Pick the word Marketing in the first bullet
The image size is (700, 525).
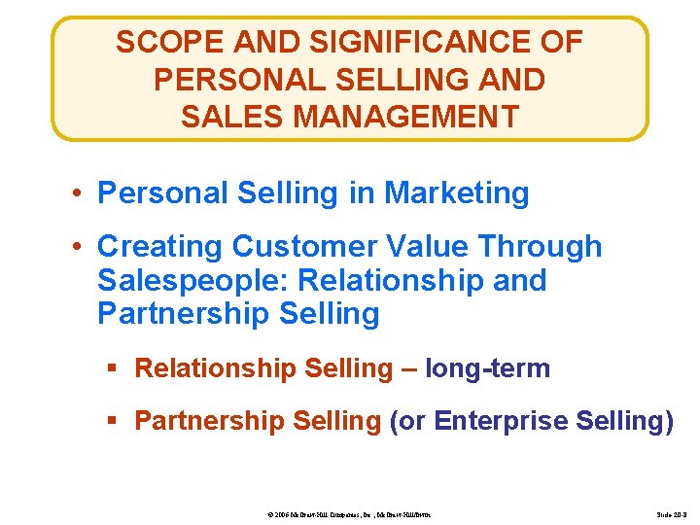click(457, 192)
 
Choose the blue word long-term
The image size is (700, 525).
click(488, 368)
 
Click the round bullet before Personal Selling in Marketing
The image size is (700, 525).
click(77, 193)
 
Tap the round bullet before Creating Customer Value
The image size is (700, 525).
click(77, 248)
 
